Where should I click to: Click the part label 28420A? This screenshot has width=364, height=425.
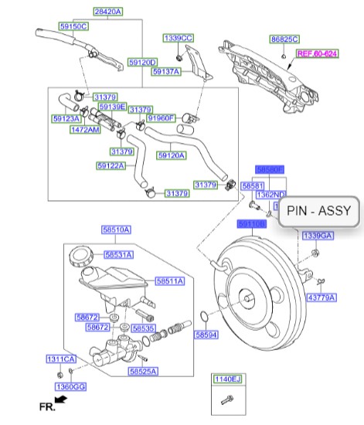107,12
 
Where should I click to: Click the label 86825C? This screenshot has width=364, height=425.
284,38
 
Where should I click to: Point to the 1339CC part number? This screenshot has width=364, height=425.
178,38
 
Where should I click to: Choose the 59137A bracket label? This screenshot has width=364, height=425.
165,72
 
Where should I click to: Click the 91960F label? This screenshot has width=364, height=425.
162,118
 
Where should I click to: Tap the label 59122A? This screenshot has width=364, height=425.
111,165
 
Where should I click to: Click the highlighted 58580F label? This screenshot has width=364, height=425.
270,168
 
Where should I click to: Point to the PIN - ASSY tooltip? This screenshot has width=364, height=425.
318,210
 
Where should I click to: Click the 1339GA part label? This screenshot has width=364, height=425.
317,235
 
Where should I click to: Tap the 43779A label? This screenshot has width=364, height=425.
321,297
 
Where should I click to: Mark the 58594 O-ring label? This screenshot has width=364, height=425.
206,335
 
